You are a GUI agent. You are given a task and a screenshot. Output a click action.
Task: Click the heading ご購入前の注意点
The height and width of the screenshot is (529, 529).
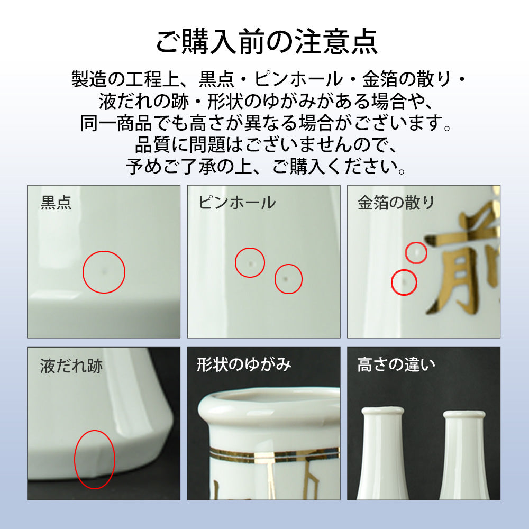point(266,41)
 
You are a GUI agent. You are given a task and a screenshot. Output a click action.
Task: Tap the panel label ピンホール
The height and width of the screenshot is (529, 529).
point(236,203)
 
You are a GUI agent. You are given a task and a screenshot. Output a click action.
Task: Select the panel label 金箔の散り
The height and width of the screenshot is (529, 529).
point(396,203)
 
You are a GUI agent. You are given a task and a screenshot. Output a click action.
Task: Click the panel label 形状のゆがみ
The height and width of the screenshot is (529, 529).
point(244,364)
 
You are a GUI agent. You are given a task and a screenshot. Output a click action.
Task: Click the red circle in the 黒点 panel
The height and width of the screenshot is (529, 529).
point(104,272)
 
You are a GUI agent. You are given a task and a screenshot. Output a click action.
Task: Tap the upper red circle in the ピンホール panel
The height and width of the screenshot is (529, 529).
point(250,262)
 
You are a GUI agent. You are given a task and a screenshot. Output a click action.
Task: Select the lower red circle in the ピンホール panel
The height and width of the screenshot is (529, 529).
point(288,279)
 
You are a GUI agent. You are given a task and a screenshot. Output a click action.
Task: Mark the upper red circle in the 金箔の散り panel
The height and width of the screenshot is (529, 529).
point(416,253)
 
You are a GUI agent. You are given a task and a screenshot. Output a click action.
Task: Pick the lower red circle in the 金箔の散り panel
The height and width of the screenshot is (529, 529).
point(404,282)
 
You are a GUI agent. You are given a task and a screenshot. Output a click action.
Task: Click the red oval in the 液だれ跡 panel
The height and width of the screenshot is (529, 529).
point(94,459)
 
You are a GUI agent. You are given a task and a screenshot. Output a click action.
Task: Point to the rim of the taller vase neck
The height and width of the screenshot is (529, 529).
point(382,411)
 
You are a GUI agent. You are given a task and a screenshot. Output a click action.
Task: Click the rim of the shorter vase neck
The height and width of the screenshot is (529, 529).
point(463,415)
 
